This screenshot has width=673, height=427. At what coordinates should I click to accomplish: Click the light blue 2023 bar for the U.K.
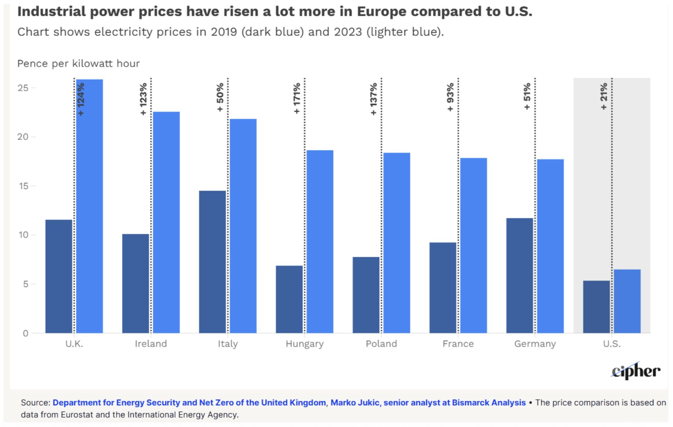click(90, 206)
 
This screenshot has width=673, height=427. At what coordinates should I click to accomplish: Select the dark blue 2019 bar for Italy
click(213, 262)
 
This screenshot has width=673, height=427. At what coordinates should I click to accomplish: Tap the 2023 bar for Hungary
click(320, 242)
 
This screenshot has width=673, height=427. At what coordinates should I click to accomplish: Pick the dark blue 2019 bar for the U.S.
click(597, 307)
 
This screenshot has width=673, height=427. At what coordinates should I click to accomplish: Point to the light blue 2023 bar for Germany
click(551, 246)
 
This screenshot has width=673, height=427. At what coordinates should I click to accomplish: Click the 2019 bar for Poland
click(366, 295)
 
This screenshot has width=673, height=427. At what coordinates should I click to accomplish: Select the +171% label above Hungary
click(297, 98)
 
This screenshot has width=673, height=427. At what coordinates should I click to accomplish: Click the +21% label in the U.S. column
click(604, 96)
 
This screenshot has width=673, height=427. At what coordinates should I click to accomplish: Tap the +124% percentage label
click(81, 99)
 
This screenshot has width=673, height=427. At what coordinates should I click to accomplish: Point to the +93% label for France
click(450, 97)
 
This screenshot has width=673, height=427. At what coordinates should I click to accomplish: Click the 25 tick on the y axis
click(23, 88)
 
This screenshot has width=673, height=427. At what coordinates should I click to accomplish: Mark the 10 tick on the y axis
click(23, 235)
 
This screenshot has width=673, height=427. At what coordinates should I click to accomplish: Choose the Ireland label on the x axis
click(151, 344)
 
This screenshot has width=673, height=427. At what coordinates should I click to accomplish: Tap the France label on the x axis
click(458, 344)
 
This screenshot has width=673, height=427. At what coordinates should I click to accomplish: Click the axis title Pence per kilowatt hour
click(78, 64)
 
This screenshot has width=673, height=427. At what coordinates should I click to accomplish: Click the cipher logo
click(636, 371)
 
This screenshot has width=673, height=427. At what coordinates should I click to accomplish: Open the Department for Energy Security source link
click(190, 403)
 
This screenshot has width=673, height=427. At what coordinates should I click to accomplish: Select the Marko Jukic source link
click(428, 403)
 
